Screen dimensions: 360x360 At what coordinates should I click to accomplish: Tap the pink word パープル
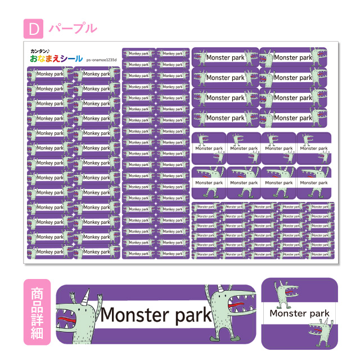[x=73, y=28]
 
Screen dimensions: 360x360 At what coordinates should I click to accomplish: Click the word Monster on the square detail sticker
[x=287, y=313]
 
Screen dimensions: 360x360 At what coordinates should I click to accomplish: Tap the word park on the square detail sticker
[x=319, y=313]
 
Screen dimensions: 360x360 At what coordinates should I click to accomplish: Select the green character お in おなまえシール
[x=35, y=59]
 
